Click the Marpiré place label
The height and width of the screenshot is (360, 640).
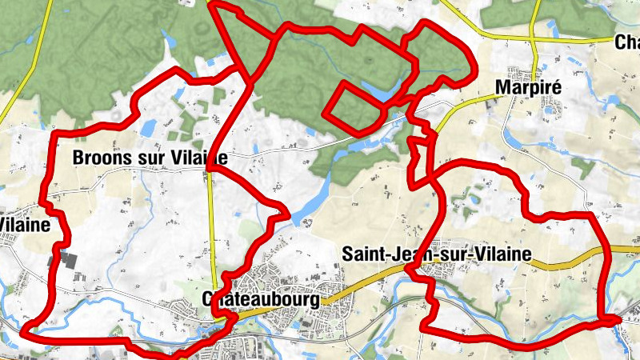[525, 86]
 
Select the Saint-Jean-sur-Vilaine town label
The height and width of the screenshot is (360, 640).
[436, 254]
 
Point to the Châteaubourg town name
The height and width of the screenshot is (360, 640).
[261, 300]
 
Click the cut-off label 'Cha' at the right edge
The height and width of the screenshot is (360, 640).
[627, 42]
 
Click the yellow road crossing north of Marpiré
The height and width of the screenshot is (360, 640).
[534, 38]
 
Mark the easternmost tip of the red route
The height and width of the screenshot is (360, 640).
[620, 320]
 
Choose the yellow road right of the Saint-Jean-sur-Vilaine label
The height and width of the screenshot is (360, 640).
[568, 258]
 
